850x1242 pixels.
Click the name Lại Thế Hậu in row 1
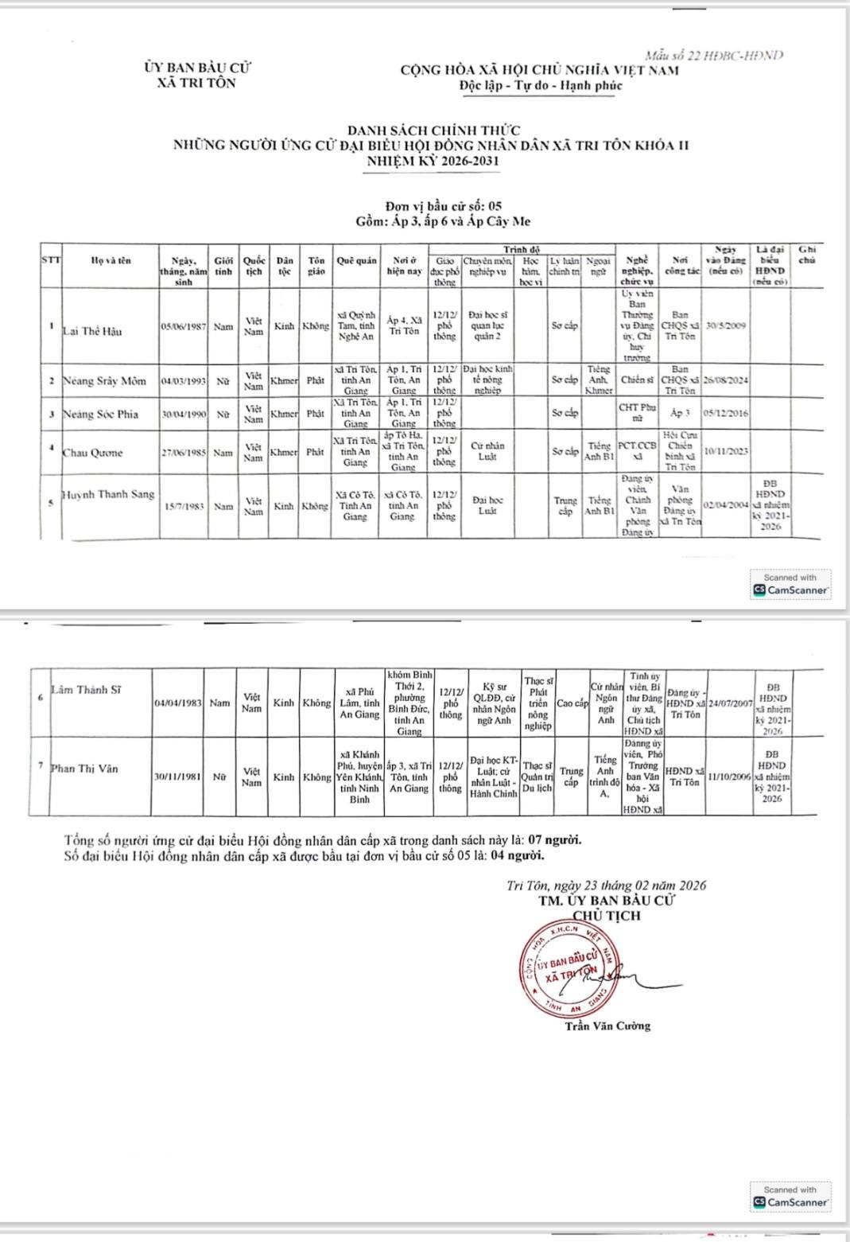[x=92, y=331]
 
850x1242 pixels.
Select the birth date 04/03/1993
[x=184, y=381]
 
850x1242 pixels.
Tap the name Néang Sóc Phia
[x=100, y=414]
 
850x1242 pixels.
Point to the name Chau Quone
[x=93, y=453]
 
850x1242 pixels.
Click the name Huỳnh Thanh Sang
[x=109, y=494]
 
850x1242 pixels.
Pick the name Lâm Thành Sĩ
[x=86, y=690]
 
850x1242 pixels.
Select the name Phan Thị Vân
[x=84, y=769]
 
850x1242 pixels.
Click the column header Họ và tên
[x=111, y=260]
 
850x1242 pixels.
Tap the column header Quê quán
[x=356, y=260]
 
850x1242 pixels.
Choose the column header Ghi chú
[x=807, y=255]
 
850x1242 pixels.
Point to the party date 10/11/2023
[x=726, y=451]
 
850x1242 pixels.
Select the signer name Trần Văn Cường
[x=607, y=1026]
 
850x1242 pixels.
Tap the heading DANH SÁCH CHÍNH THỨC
[x=433, y=130]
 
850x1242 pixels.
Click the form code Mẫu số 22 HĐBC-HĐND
[x=714, y=55]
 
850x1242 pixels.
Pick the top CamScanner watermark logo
[x=790, y=585]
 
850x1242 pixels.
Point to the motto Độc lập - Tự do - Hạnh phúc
[x=540, y=86]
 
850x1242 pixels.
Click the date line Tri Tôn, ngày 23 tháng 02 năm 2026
[x=606, y=886]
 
